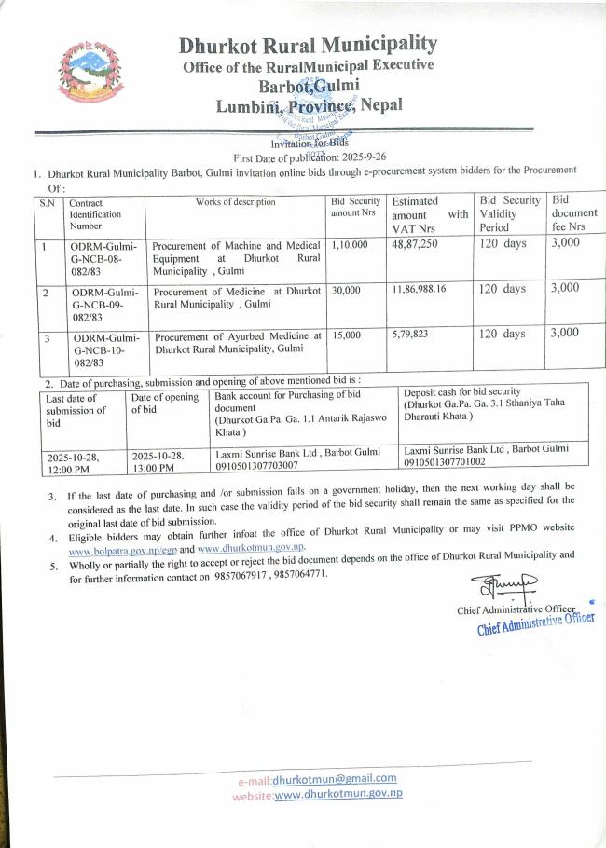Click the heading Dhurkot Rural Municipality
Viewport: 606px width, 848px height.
[308, 44]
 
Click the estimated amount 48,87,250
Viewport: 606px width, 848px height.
[415, 244]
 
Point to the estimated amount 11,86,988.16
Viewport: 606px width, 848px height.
[419, 289]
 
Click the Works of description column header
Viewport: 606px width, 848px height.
[235, 202]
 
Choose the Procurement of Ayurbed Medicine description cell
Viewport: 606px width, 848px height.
[238, 341]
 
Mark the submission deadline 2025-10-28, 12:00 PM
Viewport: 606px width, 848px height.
[72, 461]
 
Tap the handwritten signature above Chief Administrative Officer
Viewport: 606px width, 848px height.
[503, 587]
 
